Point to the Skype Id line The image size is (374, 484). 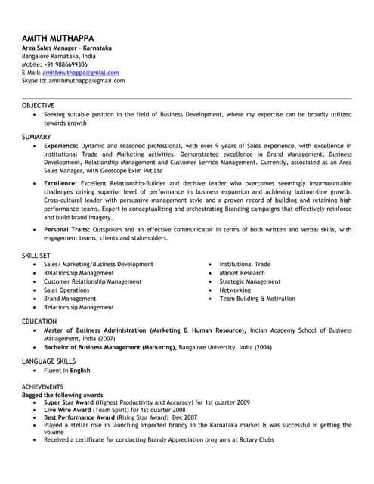(x=73, y=80)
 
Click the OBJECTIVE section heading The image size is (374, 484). (x=38, y=105)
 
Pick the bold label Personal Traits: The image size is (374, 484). (x=68, y=230)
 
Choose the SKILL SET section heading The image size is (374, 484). (x=37, y=256)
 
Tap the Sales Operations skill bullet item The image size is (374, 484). (x=66, y=290)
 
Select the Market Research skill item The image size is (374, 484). (x=242, y=273)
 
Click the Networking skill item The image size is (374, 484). (x=235, y=290)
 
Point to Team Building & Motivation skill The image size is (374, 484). (x=257, y=299)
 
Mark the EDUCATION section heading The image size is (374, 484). (x=39, y=321)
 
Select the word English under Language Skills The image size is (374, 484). (x=79, y=371)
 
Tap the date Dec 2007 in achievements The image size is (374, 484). (x=184, y=417)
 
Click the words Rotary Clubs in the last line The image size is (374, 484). (x=255, y=439)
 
